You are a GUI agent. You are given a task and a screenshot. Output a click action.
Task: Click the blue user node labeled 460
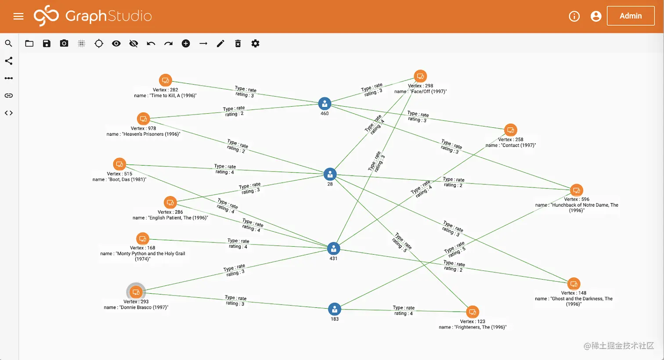pos(325,104)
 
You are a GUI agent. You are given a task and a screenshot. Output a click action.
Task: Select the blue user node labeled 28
pos(330,174)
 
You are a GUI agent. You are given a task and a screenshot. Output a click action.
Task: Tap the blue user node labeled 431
pos(333,249)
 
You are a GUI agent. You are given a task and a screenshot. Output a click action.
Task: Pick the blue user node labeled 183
pos(335,309)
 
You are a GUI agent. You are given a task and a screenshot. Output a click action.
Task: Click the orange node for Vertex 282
pos(166,80)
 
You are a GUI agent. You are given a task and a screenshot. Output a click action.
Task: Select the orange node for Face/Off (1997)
pos(420,76)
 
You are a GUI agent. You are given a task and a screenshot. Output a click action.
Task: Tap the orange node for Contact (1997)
pos(510,130)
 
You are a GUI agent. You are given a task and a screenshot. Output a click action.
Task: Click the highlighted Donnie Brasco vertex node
pos(136,292)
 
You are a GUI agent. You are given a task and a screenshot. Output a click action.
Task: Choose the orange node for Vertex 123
pos(473,312)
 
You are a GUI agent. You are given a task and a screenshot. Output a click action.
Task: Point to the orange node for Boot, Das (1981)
pos(119,164)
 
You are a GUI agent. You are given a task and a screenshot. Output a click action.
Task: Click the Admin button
pos(631,16)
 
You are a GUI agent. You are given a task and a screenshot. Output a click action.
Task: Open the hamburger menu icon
pos(18,16)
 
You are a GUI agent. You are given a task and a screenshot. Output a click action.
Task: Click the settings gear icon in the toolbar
pos(255,43)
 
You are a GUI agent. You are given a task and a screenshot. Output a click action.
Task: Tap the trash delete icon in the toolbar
pos(238,43)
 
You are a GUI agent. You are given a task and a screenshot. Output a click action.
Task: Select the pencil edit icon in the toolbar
pos(220,43)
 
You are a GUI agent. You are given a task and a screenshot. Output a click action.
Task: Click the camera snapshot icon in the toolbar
pos(64,43)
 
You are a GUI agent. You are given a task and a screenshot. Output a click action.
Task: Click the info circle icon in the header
pos(574,16)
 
